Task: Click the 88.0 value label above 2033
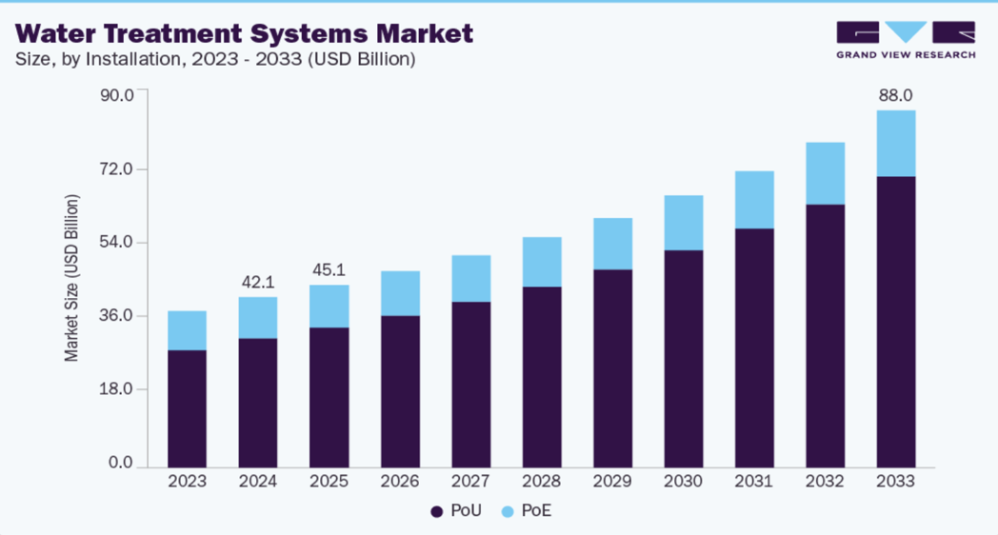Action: (x=895, y=95)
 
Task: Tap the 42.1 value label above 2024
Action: (x=258, y=282)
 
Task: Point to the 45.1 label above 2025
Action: (x=329, y=269)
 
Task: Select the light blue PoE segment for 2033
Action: (x=895, y=144)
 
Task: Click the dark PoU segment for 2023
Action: (x=187, y=409)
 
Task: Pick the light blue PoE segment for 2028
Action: (x=542, y=262)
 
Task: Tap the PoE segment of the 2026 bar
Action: (x=400, y=293)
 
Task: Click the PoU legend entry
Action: (x=456, y=511)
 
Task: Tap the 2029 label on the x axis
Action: (x=612, y=482)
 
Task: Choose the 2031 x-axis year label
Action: (x=754, y=482)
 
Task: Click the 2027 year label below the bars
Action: (x=470, y=482)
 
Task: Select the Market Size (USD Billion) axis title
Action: (x=72, y=278)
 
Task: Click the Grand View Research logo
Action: (x=906, y=39)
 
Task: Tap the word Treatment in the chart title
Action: (x=176, y=34)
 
